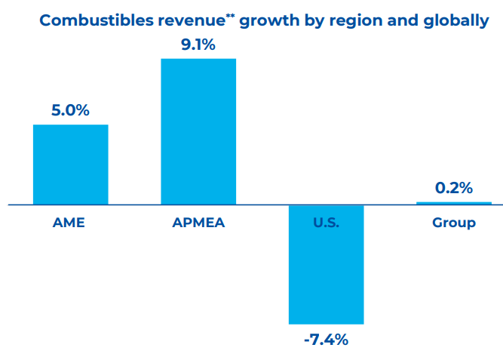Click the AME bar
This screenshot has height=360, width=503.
coord(70,164)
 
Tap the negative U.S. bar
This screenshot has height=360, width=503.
coord(326,264)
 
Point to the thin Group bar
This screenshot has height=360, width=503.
coord(454,203)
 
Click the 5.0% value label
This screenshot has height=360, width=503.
coord(70,110)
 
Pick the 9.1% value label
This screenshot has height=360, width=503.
coord(198,45)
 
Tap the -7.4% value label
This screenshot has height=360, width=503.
coord(326,340)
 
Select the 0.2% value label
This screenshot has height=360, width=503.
coord(454,188)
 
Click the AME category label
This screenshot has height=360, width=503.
coord(69,223)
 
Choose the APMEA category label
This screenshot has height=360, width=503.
coord(198,223)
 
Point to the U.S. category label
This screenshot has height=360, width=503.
coord(326,223)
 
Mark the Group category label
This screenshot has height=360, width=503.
coord(454,223)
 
